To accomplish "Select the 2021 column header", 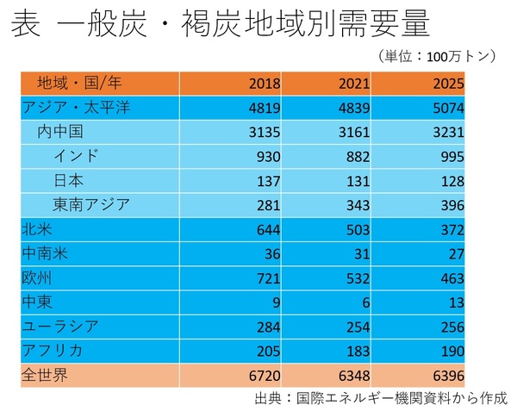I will click(354, 84).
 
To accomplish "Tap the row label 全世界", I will click(48, 375).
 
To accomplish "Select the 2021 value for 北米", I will click(358, 229).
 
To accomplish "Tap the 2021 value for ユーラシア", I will click(358, 327).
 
